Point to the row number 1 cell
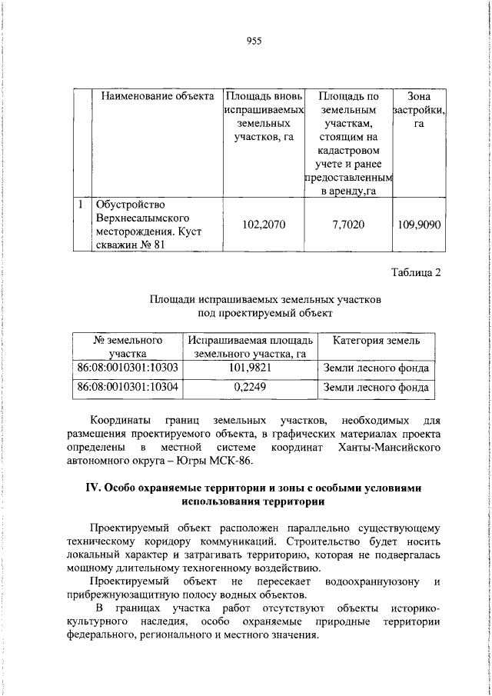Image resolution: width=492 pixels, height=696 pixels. click(81, 205)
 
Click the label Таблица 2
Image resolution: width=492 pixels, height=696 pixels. click(416, 272)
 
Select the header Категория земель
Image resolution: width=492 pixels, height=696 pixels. click(376, 340)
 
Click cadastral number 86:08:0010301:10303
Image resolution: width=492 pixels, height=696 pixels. click(128, 368)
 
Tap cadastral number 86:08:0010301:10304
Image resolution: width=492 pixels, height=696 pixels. click(128, 388)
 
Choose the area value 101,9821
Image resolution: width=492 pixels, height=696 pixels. click(250, 368)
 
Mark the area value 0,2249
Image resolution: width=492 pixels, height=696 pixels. click(250, 388)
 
